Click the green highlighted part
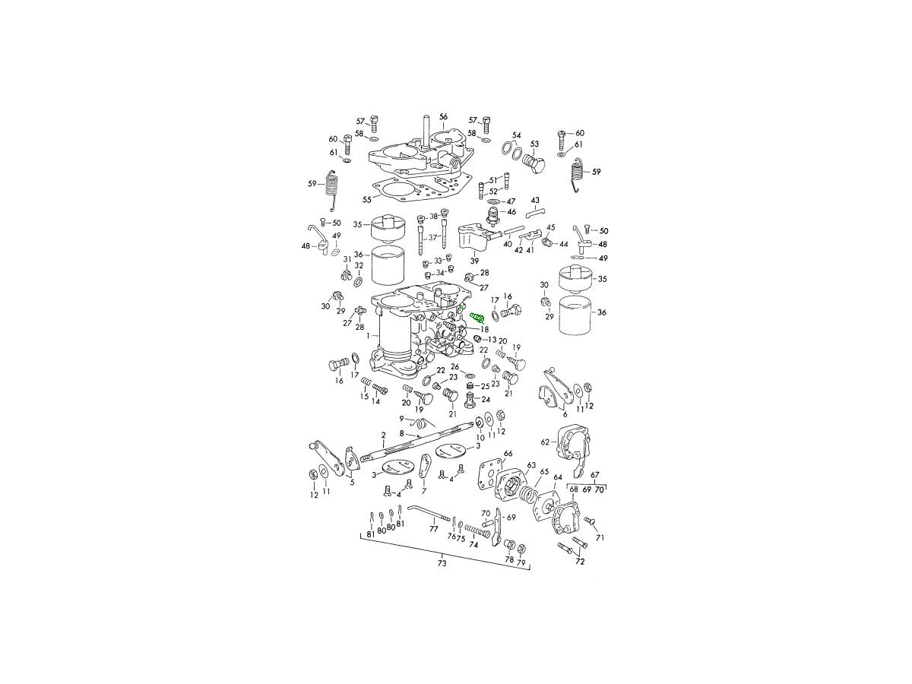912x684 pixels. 477,318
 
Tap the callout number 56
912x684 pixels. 443,117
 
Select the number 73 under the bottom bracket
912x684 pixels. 442,564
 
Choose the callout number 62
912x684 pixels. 545,442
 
